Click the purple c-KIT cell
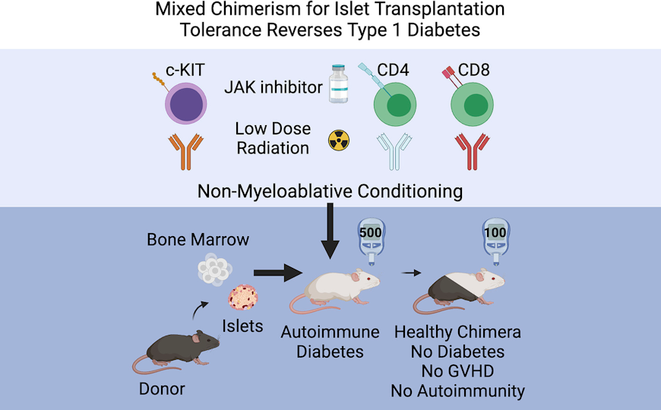coord(185,103)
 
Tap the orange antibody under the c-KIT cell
coord(185,150)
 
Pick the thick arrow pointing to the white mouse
coord(274,272)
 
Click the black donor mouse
coord(179,349)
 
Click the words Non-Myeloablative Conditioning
coord(330,191)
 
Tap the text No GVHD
coord(457,371)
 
